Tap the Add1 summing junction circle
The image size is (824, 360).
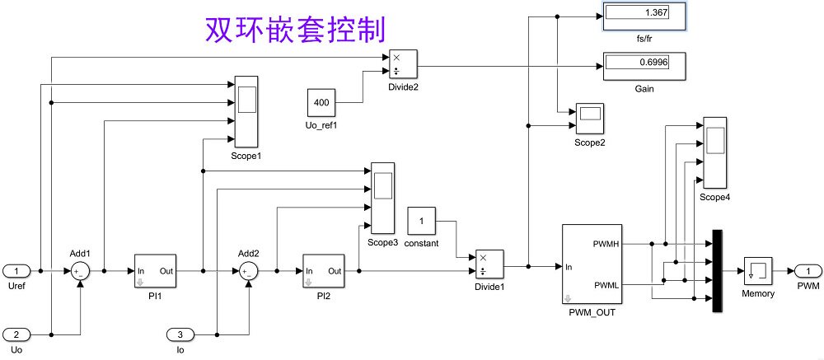pos(80,271)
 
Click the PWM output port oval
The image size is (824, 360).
pos(808,270)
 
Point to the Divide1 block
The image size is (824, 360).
pos(489,265)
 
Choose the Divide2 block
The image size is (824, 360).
pos(404,64)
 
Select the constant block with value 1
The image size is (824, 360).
pos(421,221)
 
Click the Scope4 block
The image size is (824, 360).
pos(714,152)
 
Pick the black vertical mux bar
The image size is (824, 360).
pos(717,271)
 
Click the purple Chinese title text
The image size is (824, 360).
pos(294,29)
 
